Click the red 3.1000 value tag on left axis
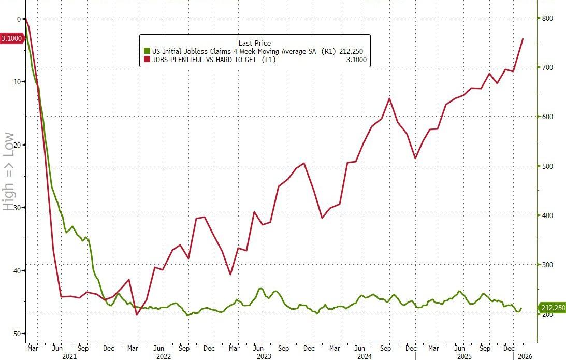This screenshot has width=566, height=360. coord(11,38)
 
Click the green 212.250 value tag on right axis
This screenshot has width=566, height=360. coord(553,308)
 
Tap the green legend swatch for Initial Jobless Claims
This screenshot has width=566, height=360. coord(147,51)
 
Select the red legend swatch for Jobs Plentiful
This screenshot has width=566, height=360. coord(147,60)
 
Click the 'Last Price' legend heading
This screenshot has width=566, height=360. coord(254,43)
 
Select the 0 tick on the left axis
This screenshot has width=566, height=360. coord(19,19)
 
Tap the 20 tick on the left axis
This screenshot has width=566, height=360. coord(17,145)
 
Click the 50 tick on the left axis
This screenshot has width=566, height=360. coord(17,334)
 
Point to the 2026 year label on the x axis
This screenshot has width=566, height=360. coord(525,356)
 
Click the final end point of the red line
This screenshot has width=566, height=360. coord(523,39)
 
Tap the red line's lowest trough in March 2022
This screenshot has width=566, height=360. coord(137,315)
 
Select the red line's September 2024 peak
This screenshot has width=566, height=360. coord(389,98)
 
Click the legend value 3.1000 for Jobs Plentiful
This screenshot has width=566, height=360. coord(356,60)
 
